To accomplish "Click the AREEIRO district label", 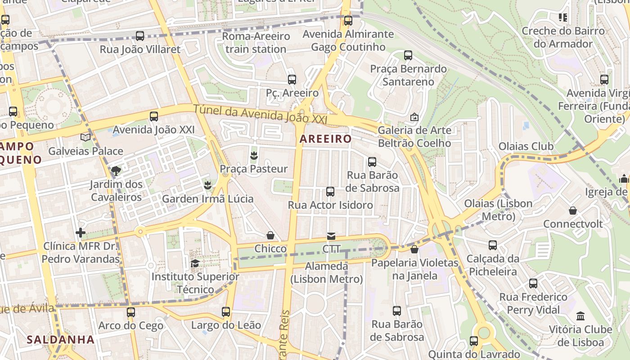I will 325,139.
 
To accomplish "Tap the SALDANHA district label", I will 60,340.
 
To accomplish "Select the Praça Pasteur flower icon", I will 254,156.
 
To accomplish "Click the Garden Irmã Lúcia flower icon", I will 207,185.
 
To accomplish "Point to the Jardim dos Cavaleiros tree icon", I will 116,171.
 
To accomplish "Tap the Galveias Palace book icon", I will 85,137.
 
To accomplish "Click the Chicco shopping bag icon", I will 270,235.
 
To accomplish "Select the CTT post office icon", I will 331,236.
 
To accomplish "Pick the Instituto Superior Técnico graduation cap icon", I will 195,263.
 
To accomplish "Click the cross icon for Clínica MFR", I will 81,233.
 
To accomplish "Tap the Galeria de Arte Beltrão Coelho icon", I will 414,117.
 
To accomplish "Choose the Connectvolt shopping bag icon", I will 573,211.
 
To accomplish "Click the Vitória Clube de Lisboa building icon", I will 580,316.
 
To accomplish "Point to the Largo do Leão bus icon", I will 226,311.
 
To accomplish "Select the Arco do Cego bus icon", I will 131,312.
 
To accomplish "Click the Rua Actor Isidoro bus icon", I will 330,192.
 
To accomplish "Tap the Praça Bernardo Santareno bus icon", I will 408,55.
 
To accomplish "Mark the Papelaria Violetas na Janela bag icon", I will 414,249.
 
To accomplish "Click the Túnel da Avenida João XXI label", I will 260,114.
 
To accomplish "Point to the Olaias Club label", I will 526,146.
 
